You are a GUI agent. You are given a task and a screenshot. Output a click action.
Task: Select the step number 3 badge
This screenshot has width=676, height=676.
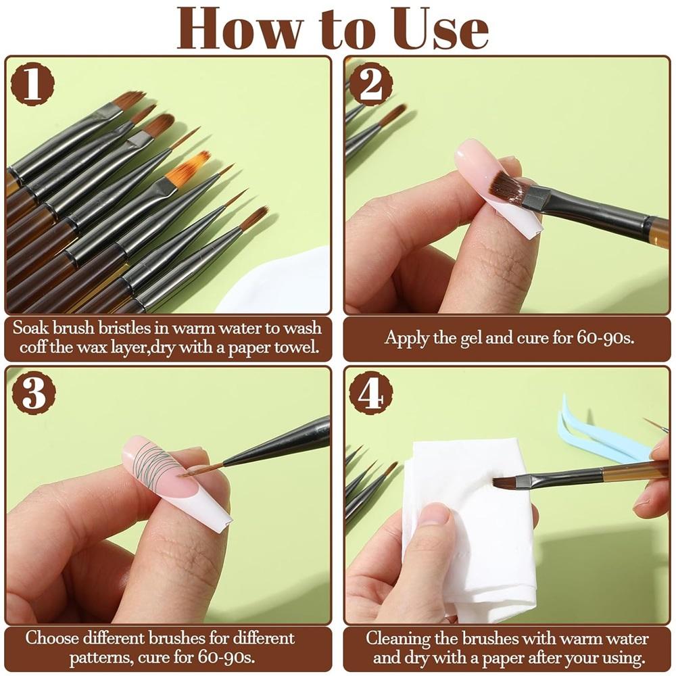[33, 393]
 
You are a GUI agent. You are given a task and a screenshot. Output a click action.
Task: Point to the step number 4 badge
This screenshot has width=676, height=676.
[371, 393]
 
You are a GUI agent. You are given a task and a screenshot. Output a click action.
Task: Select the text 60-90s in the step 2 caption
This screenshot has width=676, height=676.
[606, 337]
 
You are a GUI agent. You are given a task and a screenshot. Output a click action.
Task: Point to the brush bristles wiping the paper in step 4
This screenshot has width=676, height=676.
[506, 482]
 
